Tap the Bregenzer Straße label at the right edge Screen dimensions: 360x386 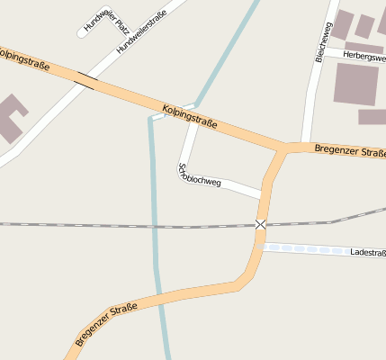[350, 149]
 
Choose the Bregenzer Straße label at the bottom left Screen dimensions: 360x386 [106, 325]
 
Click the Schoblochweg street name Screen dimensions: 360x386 [200, 175]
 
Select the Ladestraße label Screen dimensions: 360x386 [368, 253]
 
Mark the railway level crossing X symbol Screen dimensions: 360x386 [261, 224]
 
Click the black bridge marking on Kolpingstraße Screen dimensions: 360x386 [86, 81]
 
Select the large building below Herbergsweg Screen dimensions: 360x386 [356, 84]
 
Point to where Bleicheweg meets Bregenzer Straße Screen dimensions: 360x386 [306, 145]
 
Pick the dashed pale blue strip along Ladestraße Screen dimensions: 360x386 [306, 247]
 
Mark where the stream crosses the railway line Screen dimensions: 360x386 [155, 225]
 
